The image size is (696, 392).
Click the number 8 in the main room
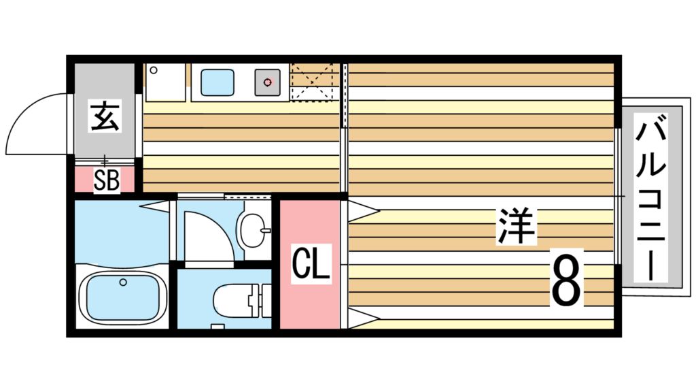click(x=567, y=280)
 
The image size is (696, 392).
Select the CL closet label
click(x=311, y=265)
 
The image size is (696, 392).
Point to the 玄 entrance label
click(x=105, y=117)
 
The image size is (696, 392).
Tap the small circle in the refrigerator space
click(x=154, y=70)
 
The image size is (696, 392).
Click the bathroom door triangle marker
click(x=155, y=204)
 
